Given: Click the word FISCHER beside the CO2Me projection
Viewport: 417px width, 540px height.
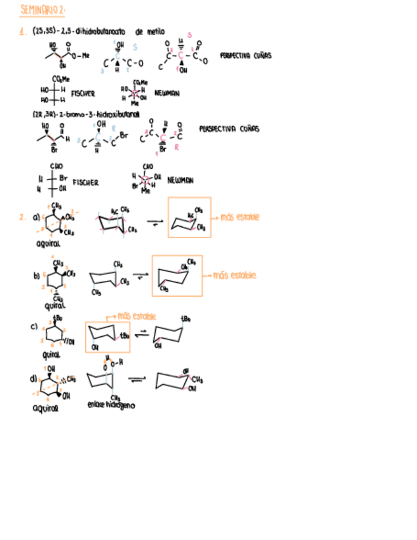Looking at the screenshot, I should pyautogui.click(x=83, y=94).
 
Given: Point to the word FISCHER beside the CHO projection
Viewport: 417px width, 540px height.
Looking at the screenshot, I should pyautogui.click(x=85, y=182).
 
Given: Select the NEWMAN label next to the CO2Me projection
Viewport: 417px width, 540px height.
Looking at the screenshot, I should pyautogui.click(x=167, y=93).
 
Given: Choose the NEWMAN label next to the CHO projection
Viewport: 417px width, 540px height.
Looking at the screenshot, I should pyautogui.click(x=181, y=181).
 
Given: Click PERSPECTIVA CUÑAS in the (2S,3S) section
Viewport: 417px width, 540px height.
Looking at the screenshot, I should pyautogui.click(x=245, y=55).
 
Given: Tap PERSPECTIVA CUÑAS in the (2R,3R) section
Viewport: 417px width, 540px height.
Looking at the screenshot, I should pyautogui.click(x=229, y=129).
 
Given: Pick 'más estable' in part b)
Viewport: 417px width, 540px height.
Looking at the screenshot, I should pyautogui.click(x=235, y=276).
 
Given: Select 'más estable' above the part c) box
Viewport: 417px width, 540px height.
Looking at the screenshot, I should pyautogui.click(x=137, y=316).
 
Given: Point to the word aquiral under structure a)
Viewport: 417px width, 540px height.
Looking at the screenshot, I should pyautogui.click(x=48, y=243).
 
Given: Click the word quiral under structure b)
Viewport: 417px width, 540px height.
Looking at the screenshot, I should pyautogui.click(x=55, y=304).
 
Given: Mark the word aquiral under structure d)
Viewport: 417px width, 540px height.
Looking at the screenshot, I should pyautogui.click(x=45, y=409).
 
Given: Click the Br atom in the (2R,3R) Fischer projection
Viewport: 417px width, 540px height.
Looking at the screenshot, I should pyautogui.click(x=63, y=178).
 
